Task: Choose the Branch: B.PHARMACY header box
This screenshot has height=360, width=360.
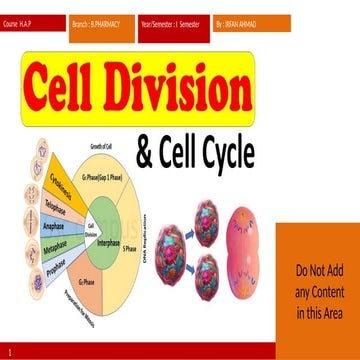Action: point(105,20)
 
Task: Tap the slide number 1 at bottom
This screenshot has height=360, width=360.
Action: point(9,352)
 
